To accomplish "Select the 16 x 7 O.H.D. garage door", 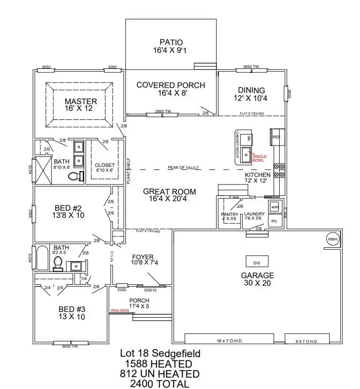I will click(229, 339).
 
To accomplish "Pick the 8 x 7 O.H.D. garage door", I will click(307, 339).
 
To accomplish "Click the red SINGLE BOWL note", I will click(259, 158).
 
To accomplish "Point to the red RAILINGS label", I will click(119, 310).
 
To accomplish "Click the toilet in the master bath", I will click(75, 176).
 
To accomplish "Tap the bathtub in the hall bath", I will click(42, 258).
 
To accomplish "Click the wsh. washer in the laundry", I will click(274, 208).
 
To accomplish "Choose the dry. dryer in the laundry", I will click(274, 221).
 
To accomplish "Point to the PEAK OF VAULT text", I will click(183, 168).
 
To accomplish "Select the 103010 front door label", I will click(150, 290).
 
